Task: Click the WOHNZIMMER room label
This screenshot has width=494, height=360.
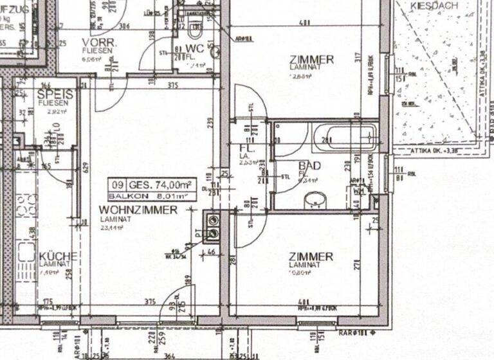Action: (138, 210)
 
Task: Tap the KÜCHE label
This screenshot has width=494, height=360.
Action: (58, 256)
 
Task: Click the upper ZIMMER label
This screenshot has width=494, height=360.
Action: (311, 60)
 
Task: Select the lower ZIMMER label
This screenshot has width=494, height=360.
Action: (311, 256)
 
